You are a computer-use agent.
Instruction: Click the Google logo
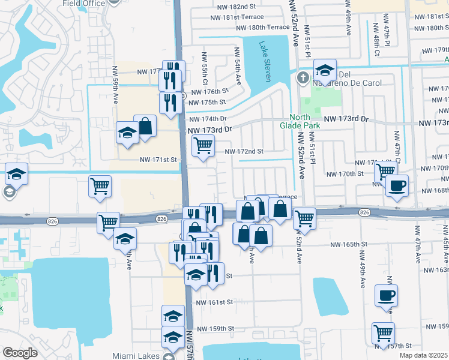coord(20,353)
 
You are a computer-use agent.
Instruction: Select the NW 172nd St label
coord(244,152)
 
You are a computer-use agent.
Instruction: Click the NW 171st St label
coord(158,160)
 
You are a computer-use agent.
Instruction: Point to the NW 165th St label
coord(348,244)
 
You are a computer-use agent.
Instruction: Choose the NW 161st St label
coord(213,302)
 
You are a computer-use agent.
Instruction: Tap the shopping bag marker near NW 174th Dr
coord(145,125)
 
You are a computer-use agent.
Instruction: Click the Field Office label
coord(83,3)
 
